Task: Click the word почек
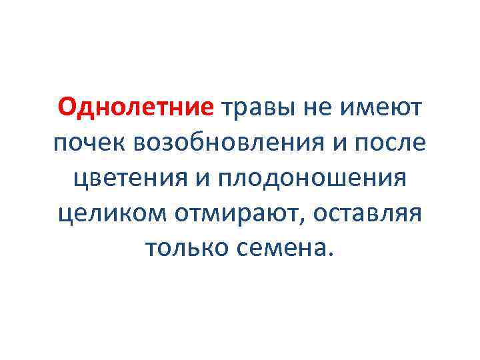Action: [92, 143]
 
